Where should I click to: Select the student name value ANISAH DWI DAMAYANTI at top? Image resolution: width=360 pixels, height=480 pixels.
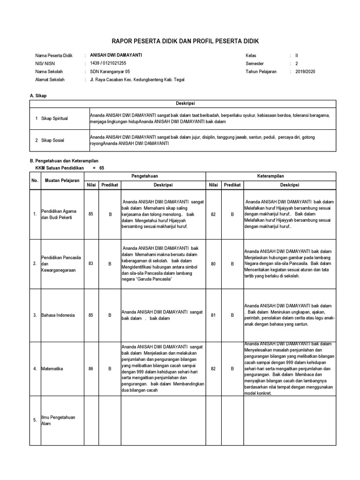(116, 55)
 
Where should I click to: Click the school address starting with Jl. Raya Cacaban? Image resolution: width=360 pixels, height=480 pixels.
(137, 80)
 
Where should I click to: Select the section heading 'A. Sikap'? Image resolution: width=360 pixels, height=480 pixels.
(38, 96)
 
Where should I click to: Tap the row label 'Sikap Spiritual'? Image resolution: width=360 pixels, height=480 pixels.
(54, 119)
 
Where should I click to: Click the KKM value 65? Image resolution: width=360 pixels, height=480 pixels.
(102, 168)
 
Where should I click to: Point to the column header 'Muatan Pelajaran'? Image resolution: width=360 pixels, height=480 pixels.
(62, 180)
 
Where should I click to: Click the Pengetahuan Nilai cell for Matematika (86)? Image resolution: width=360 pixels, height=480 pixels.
(91, 368)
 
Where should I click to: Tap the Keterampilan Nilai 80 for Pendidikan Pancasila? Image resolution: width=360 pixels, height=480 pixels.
(213, 263)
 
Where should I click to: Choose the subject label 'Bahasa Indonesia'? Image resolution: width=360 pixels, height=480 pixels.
(58, 315)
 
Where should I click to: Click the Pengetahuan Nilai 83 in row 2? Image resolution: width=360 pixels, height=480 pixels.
(91, 263)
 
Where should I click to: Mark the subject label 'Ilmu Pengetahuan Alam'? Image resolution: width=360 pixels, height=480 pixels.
(55, 420)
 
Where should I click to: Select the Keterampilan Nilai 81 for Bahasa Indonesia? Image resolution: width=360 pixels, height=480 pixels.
(213, 315)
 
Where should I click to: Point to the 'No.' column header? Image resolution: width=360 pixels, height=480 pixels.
(34, 180)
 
